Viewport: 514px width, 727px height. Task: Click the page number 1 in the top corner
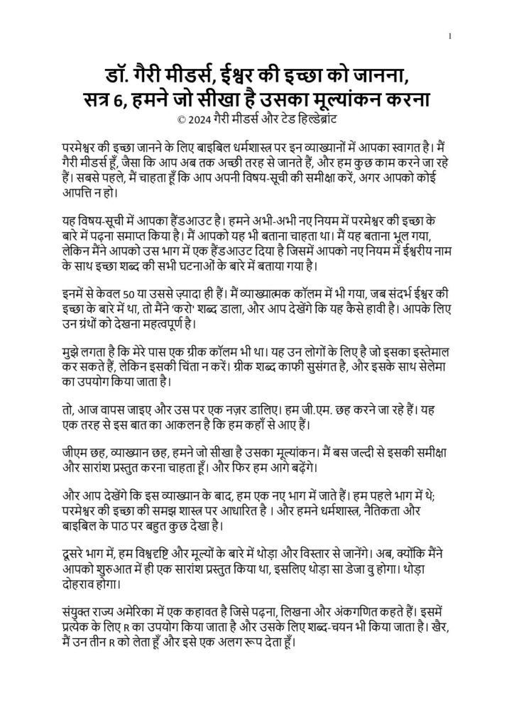[x=451, y=36]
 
